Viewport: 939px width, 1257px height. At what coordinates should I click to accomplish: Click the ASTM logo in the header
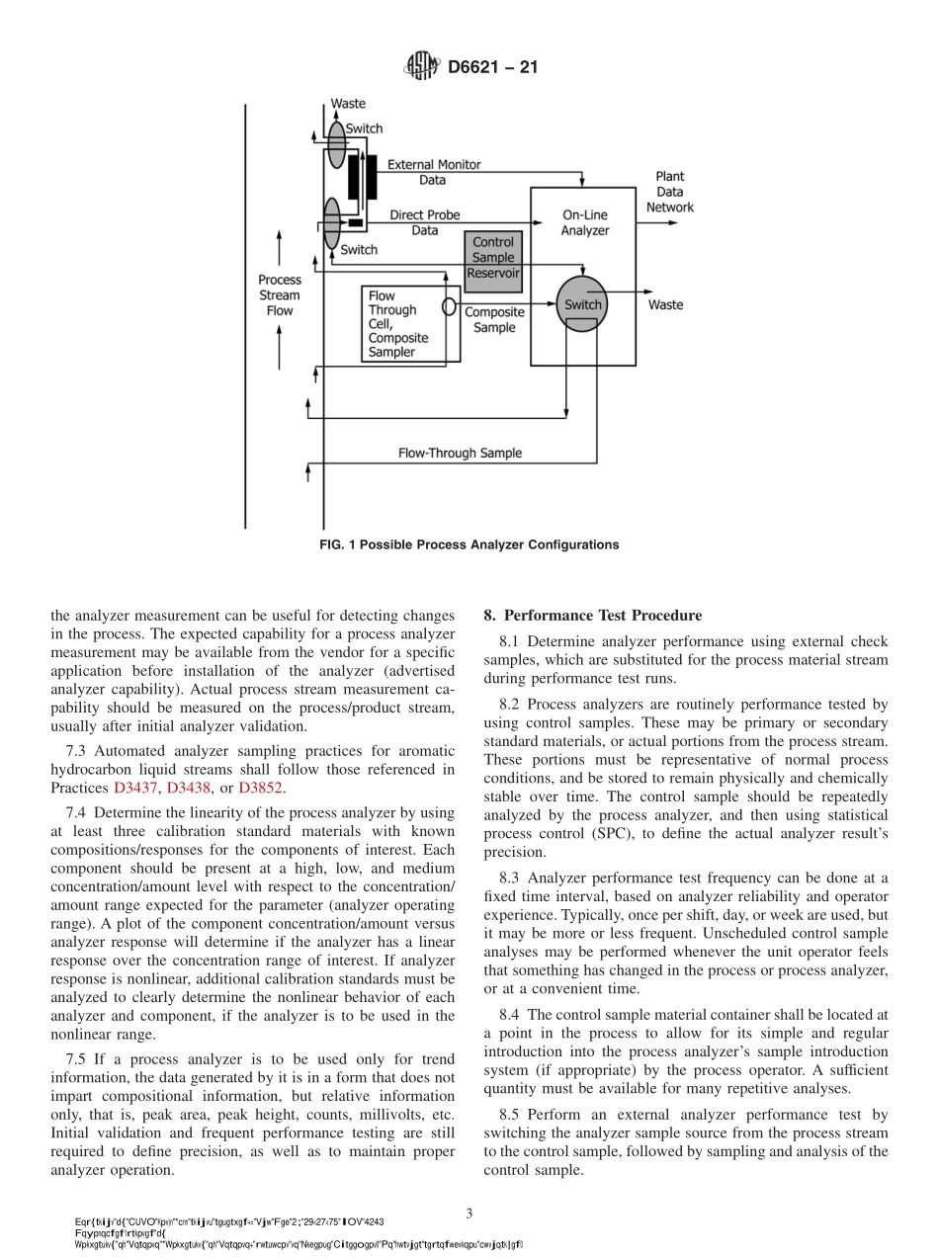[x=421, y=67]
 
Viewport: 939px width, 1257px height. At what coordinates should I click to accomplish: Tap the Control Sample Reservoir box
[x=493, y=258]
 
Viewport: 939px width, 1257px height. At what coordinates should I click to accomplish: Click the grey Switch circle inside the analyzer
[x=582, y=304]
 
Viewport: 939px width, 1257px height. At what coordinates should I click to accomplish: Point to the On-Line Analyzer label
[x=585, y=222]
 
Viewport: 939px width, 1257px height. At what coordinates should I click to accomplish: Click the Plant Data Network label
[x=669, y=192]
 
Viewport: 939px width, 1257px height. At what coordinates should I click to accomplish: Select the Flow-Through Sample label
[x=460, y=454]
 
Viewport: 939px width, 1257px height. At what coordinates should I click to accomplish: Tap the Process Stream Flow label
[x=280, y=295]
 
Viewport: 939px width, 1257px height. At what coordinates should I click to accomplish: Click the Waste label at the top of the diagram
[x=348, y=104]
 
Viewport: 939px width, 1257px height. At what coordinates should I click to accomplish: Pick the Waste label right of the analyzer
[x=665, y=305]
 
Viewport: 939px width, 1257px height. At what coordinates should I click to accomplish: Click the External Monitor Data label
[x=433, y=172]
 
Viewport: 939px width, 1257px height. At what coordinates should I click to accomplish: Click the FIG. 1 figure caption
[x=469, y=545]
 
